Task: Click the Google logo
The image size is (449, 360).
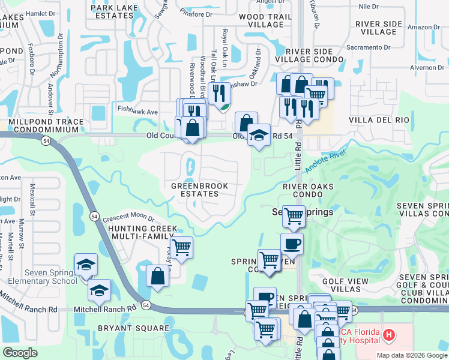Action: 20,353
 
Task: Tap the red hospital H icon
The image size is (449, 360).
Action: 389,334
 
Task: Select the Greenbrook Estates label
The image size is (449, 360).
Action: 200,190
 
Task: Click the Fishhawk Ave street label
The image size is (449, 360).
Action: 137,112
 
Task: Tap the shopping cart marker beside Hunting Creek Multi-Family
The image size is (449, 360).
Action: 181,247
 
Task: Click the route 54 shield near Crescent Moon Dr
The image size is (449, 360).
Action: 94,215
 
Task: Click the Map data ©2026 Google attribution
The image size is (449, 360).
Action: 412,355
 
